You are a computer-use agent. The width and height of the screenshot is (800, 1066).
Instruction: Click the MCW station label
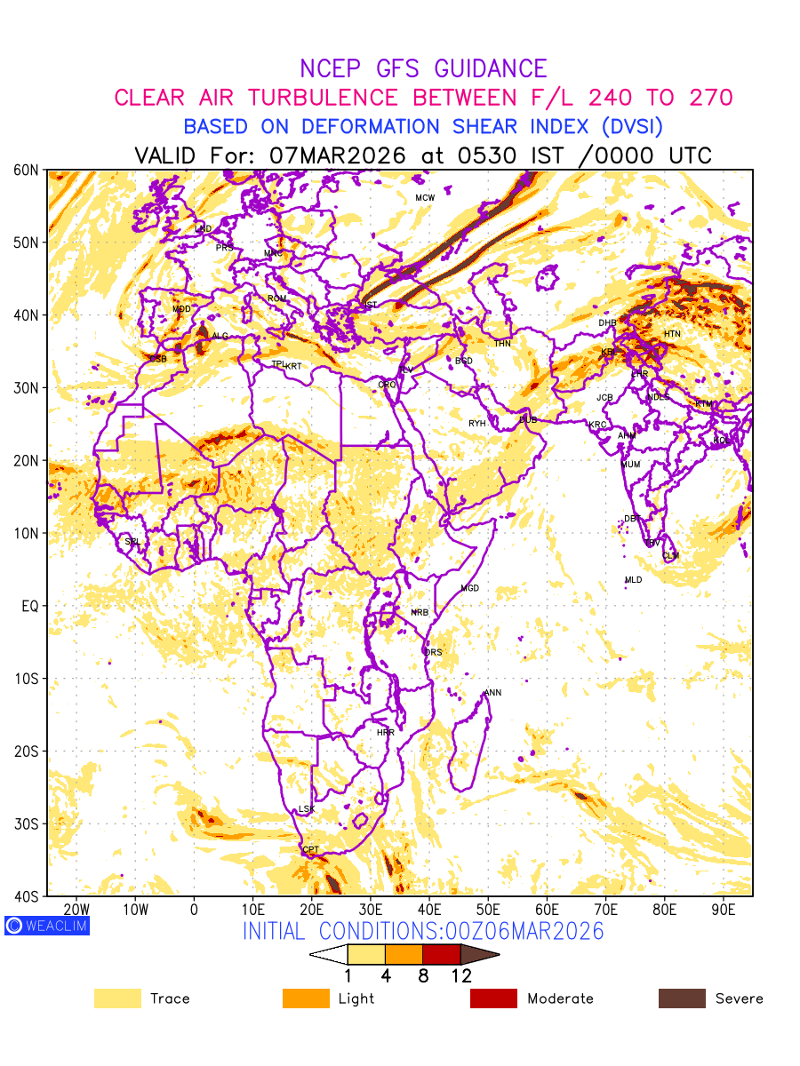tap(425, 197)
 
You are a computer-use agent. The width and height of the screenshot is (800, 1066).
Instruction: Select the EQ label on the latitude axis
tap(30, 606)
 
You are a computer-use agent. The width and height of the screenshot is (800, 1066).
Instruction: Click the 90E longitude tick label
tap(723, 910)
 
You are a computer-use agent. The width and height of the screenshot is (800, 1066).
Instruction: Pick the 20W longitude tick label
tap(77, 910)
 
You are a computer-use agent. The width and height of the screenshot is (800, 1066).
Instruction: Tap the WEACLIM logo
tap(46, 926)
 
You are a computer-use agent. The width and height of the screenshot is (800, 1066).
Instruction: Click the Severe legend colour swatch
tap(682, 998)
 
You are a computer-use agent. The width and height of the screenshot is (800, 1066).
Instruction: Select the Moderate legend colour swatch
tap(493, 998)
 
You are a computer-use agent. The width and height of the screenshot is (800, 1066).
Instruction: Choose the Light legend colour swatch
tap(305, 998)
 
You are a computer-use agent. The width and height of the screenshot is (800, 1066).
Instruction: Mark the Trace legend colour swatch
tap(117, 998)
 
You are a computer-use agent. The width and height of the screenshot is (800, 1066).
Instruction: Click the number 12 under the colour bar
tap(460, 976)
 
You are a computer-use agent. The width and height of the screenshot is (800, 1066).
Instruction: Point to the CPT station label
tap(310, 850)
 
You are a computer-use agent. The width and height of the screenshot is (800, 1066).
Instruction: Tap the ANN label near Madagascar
tap(492, 693)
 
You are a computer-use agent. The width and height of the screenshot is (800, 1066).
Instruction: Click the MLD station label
tap(633, 580)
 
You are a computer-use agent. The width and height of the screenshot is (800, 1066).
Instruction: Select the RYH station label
tap(477, 424)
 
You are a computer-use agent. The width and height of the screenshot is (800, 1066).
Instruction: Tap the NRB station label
tap(420, 612)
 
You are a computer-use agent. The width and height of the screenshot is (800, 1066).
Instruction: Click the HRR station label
tap(386, 733)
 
